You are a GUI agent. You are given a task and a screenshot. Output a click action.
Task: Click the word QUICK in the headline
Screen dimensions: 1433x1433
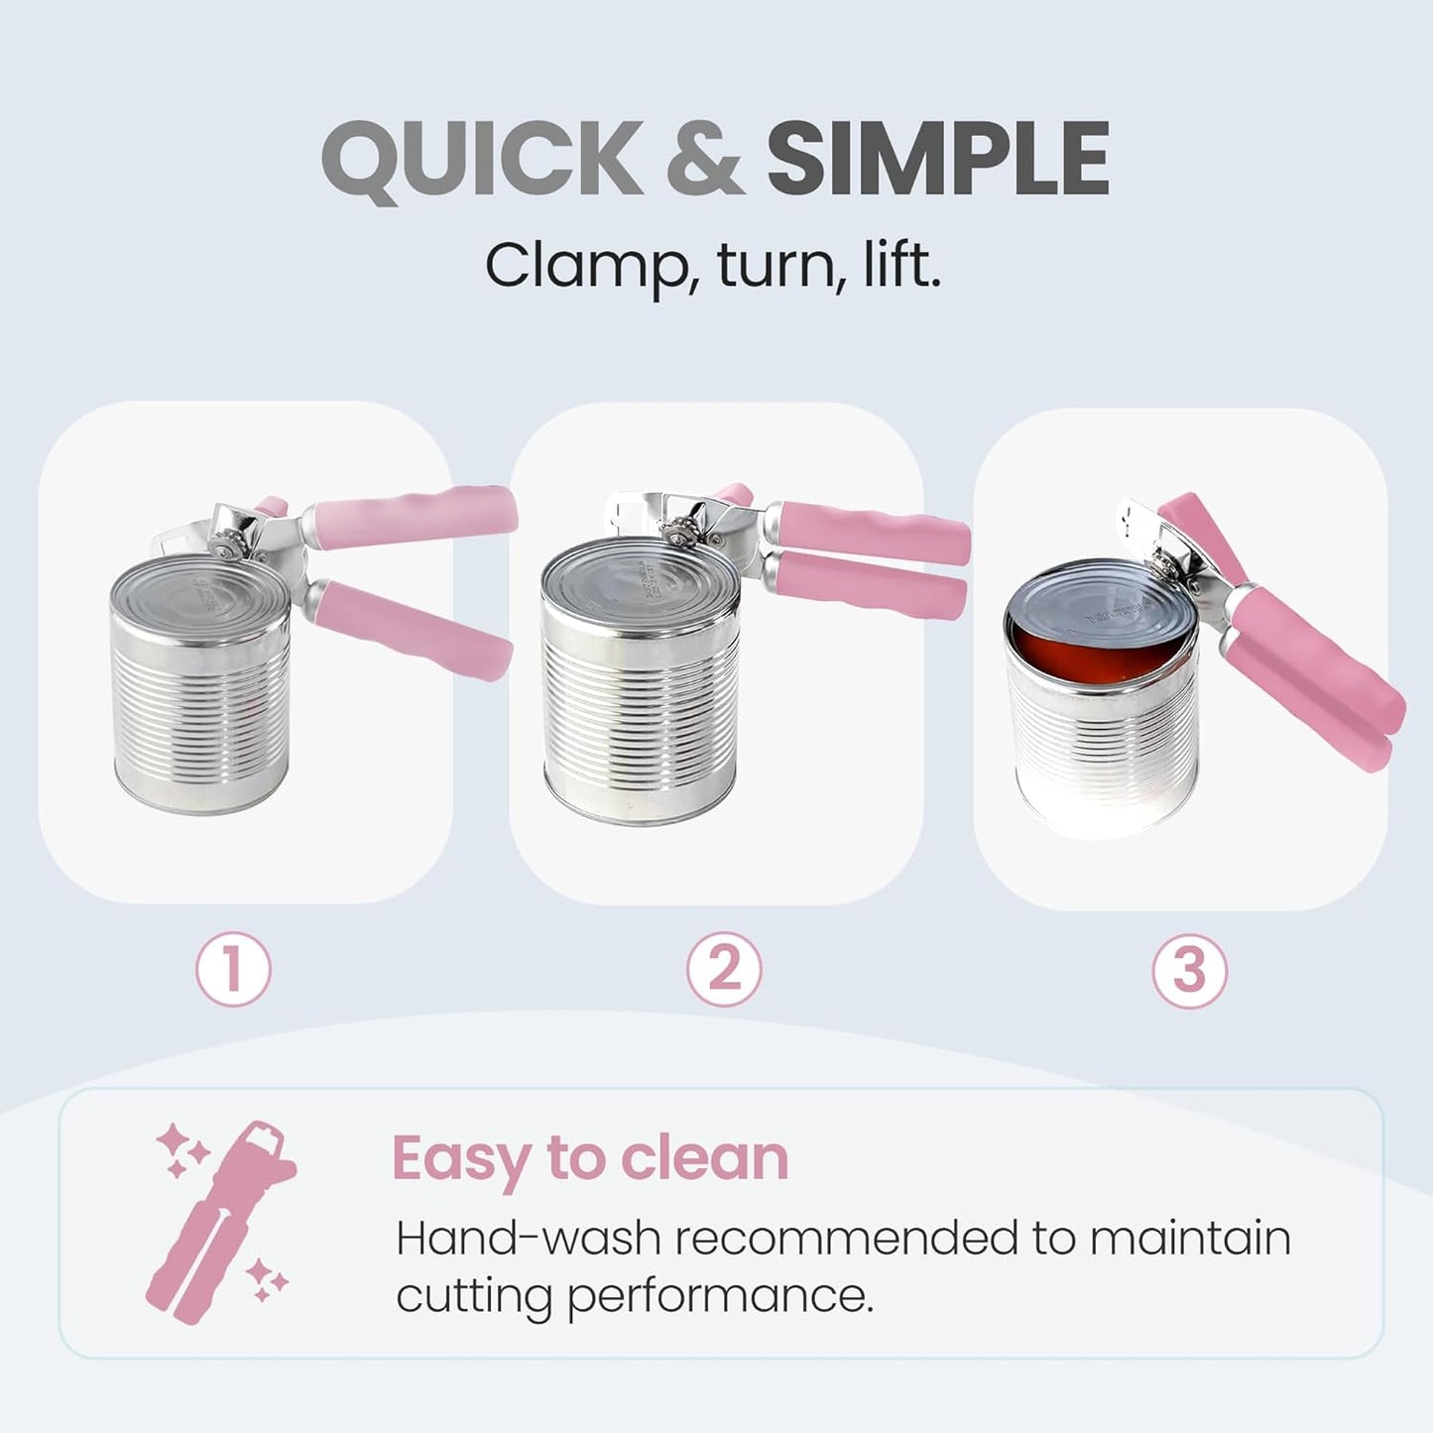click(x=483, y=159)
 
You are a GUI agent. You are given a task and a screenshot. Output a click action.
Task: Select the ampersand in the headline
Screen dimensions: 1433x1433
click(x=704, y=159)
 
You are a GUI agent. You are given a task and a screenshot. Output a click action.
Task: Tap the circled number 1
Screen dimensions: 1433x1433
click(x=233, y=969)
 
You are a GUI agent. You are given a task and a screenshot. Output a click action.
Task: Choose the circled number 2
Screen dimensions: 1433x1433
click(x=724, y=969)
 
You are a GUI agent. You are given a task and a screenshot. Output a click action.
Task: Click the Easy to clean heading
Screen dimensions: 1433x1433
click(x=590, y=1157)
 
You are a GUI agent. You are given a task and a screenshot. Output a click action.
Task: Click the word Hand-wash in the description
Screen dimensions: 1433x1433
click(x=529, y=1239)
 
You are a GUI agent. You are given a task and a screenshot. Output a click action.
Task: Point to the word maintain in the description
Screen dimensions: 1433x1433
click(x=1189, y=1239)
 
